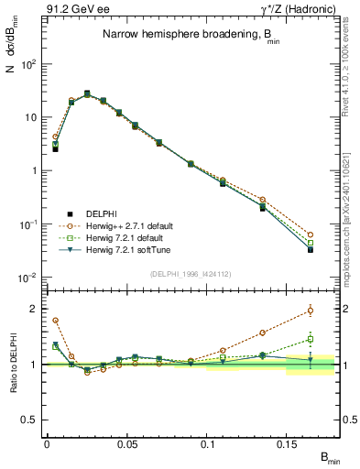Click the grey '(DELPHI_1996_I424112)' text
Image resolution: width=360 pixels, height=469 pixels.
[190, 272]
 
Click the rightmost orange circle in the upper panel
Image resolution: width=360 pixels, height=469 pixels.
[311, 234]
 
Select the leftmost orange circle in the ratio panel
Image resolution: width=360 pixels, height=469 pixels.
[55, 321]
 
